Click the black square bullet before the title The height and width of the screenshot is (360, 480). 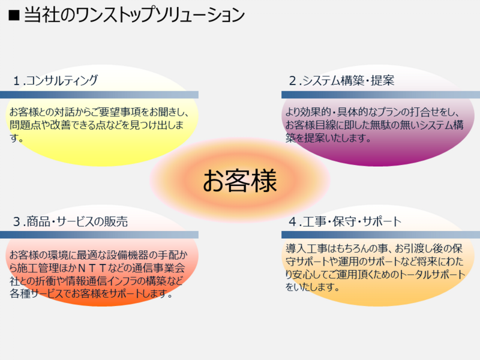pos(14,15)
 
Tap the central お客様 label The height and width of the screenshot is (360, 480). pos(240,181)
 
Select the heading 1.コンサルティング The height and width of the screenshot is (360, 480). pos(55,80)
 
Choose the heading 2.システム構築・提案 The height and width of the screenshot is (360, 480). pos(341,80)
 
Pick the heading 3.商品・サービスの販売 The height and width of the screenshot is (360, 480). pos(70,221)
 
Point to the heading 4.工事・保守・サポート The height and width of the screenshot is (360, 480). pos(345,221)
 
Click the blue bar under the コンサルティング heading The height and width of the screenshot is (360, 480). pos(99,95)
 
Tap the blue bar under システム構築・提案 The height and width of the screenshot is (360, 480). pos(380,95)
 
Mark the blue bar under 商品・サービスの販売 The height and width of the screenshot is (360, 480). pos(99,235)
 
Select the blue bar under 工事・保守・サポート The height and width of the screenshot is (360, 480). pos(380,235)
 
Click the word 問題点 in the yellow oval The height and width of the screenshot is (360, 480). pos(25,125)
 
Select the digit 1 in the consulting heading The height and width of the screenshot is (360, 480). pos(17,81)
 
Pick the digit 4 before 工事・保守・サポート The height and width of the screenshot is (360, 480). pos(293,221)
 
